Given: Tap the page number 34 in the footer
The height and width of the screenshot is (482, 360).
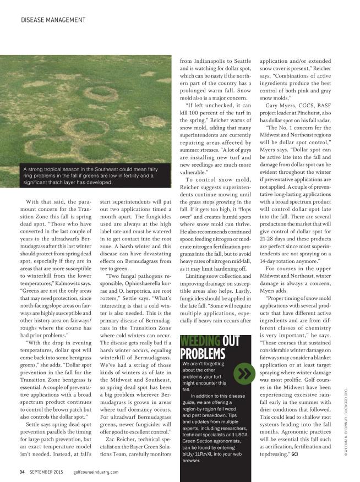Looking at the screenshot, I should (x=22, y=472).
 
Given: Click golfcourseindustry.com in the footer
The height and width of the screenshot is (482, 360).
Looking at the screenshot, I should (x=95, y=472).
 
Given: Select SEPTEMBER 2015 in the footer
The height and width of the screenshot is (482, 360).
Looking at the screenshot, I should (x=47, y=472).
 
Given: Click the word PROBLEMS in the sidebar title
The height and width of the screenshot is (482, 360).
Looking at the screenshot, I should (x=203, y=353).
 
